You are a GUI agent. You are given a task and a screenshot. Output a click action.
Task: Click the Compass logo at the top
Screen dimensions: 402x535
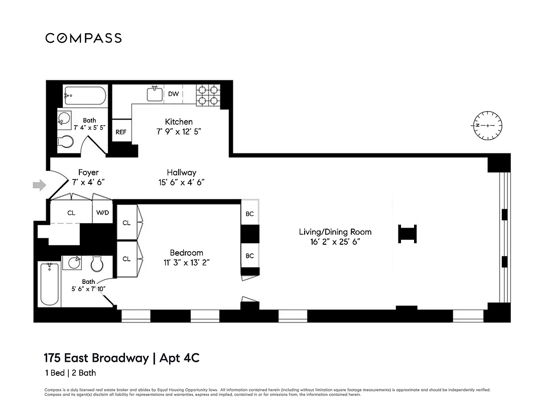[x=83, y=38]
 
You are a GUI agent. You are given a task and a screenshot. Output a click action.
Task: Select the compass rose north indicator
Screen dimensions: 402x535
[x=487, y=125]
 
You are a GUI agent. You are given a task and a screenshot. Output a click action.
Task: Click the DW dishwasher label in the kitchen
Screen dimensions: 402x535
[x=173, y=94]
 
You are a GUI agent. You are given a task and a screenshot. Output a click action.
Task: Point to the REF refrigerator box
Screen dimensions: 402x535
[x=121, y=132]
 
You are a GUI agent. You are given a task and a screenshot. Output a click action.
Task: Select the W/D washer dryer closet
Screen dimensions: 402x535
[x=102, y=213]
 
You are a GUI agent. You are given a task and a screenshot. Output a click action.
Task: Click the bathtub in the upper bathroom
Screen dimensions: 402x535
[x=85, y=96]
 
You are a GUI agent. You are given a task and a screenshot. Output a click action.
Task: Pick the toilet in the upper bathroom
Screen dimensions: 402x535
[x=66, y=142]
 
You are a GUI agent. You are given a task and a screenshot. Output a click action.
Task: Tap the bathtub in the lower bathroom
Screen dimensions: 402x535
[x=49, y=284]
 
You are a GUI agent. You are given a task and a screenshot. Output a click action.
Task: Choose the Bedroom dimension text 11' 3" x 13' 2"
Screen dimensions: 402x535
[x=186, y=262]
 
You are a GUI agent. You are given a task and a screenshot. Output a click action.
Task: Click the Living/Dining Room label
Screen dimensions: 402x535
[x=335, y=232]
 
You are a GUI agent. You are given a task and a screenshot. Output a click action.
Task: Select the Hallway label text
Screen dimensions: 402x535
[x=181, y=172]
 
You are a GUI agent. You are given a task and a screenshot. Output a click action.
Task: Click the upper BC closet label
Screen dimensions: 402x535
[x=249, y=214]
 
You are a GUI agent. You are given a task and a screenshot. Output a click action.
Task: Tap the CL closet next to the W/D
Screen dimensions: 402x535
[x=71, y=213]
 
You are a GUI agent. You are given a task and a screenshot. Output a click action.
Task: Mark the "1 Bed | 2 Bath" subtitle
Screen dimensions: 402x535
[x=70, y=373]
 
